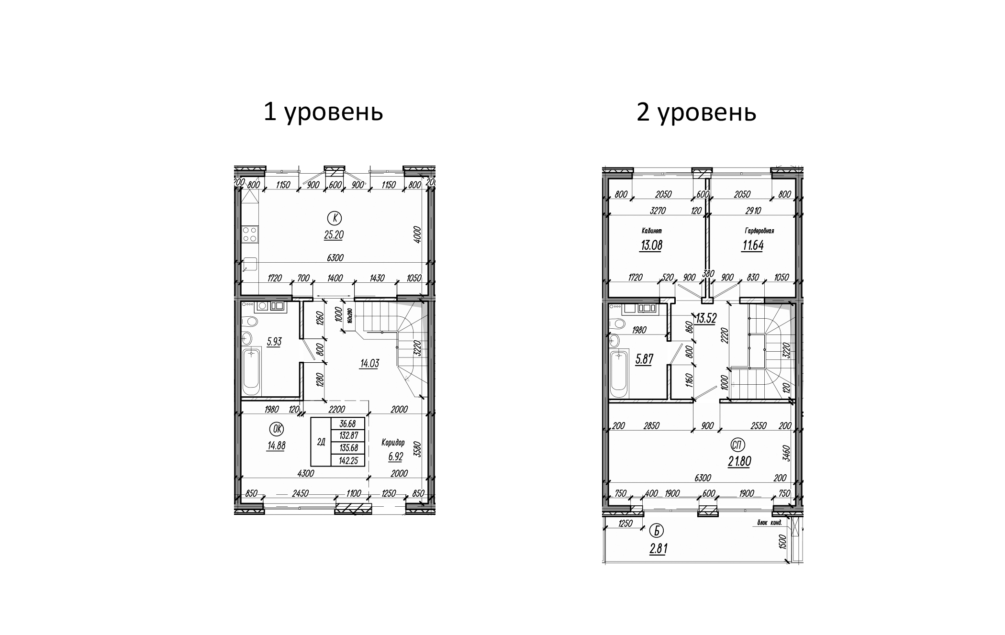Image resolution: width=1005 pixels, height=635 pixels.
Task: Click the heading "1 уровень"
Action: (323, 113)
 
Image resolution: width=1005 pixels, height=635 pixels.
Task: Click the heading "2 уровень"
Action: (696, 113)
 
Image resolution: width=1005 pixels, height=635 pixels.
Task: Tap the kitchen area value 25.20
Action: (333, 235)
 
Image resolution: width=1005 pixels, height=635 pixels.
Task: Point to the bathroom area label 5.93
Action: (274, 342)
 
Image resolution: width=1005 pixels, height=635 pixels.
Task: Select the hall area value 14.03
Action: (369, 364)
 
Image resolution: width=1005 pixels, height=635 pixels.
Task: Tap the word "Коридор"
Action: (393, 443)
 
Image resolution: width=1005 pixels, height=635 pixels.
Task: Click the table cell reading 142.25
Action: (348, 460)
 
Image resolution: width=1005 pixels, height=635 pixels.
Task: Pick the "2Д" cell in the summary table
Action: (321, 442)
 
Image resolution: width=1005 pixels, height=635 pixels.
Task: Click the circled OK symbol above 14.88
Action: (276, 428)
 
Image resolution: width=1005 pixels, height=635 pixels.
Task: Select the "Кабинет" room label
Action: (651, 231)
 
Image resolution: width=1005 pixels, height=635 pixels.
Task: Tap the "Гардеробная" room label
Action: (759, 231)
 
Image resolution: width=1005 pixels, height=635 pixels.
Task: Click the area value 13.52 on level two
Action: (705, 319)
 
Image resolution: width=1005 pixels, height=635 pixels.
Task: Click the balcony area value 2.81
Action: (658, 549)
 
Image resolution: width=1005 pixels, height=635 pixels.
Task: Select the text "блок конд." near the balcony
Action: (770, 523)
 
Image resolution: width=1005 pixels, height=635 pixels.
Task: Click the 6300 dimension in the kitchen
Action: (335, 258)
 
